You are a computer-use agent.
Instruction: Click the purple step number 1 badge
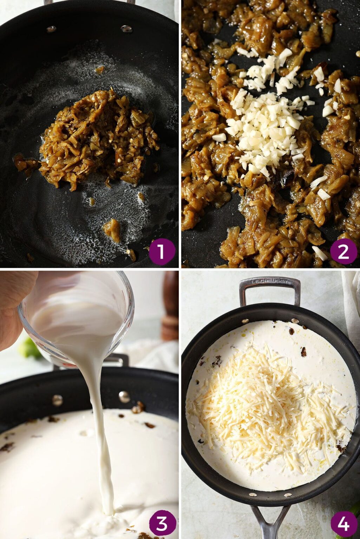click(x=162, y=252)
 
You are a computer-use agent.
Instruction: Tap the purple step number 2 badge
click(x=343, y=252)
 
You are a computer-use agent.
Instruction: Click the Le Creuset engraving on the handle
click(x=270, y=281)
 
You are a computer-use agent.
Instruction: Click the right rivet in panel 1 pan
click(x=127, y=29)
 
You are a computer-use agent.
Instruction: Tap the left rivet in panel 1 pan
click(x=52, y=29)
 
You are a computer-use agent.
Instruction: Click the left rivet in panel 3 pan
click(x=57, y=400)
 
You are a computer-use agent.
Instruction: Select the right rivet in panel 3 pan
click(x=124, y=397)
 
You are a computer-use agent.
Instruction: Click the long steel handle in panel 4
click(x=270, y=520)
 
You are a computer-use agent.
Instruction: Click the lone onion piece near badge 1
click(x=112, y=230)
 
